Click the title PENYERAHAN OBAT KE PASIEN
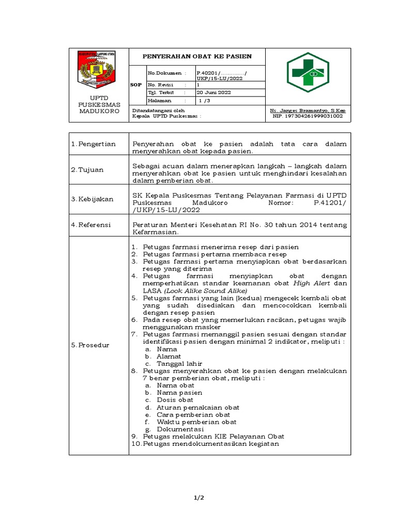tap(197, 56)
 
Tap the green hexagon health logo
tap(308, 72)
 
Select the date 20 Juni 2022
tap(214, 92)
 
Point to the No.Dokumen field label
tap(164, 74)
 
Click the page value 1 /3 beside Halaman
tap(205, 101)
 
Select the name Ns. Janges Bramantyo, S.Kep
tap(308, 111)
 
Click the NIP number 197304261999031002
tap(308, 116)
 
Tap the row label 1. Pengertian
tap(94, 144)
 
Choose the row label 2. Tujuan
tap(88, 169)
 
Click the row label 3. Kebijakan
tap(93, 199)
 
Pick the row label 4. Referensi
tap(93, 225)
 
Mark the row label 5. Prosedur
tap(91, 345)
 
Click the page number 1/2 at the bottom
tap(198, 497)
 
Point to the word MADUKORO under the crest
tap(99, 111)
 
